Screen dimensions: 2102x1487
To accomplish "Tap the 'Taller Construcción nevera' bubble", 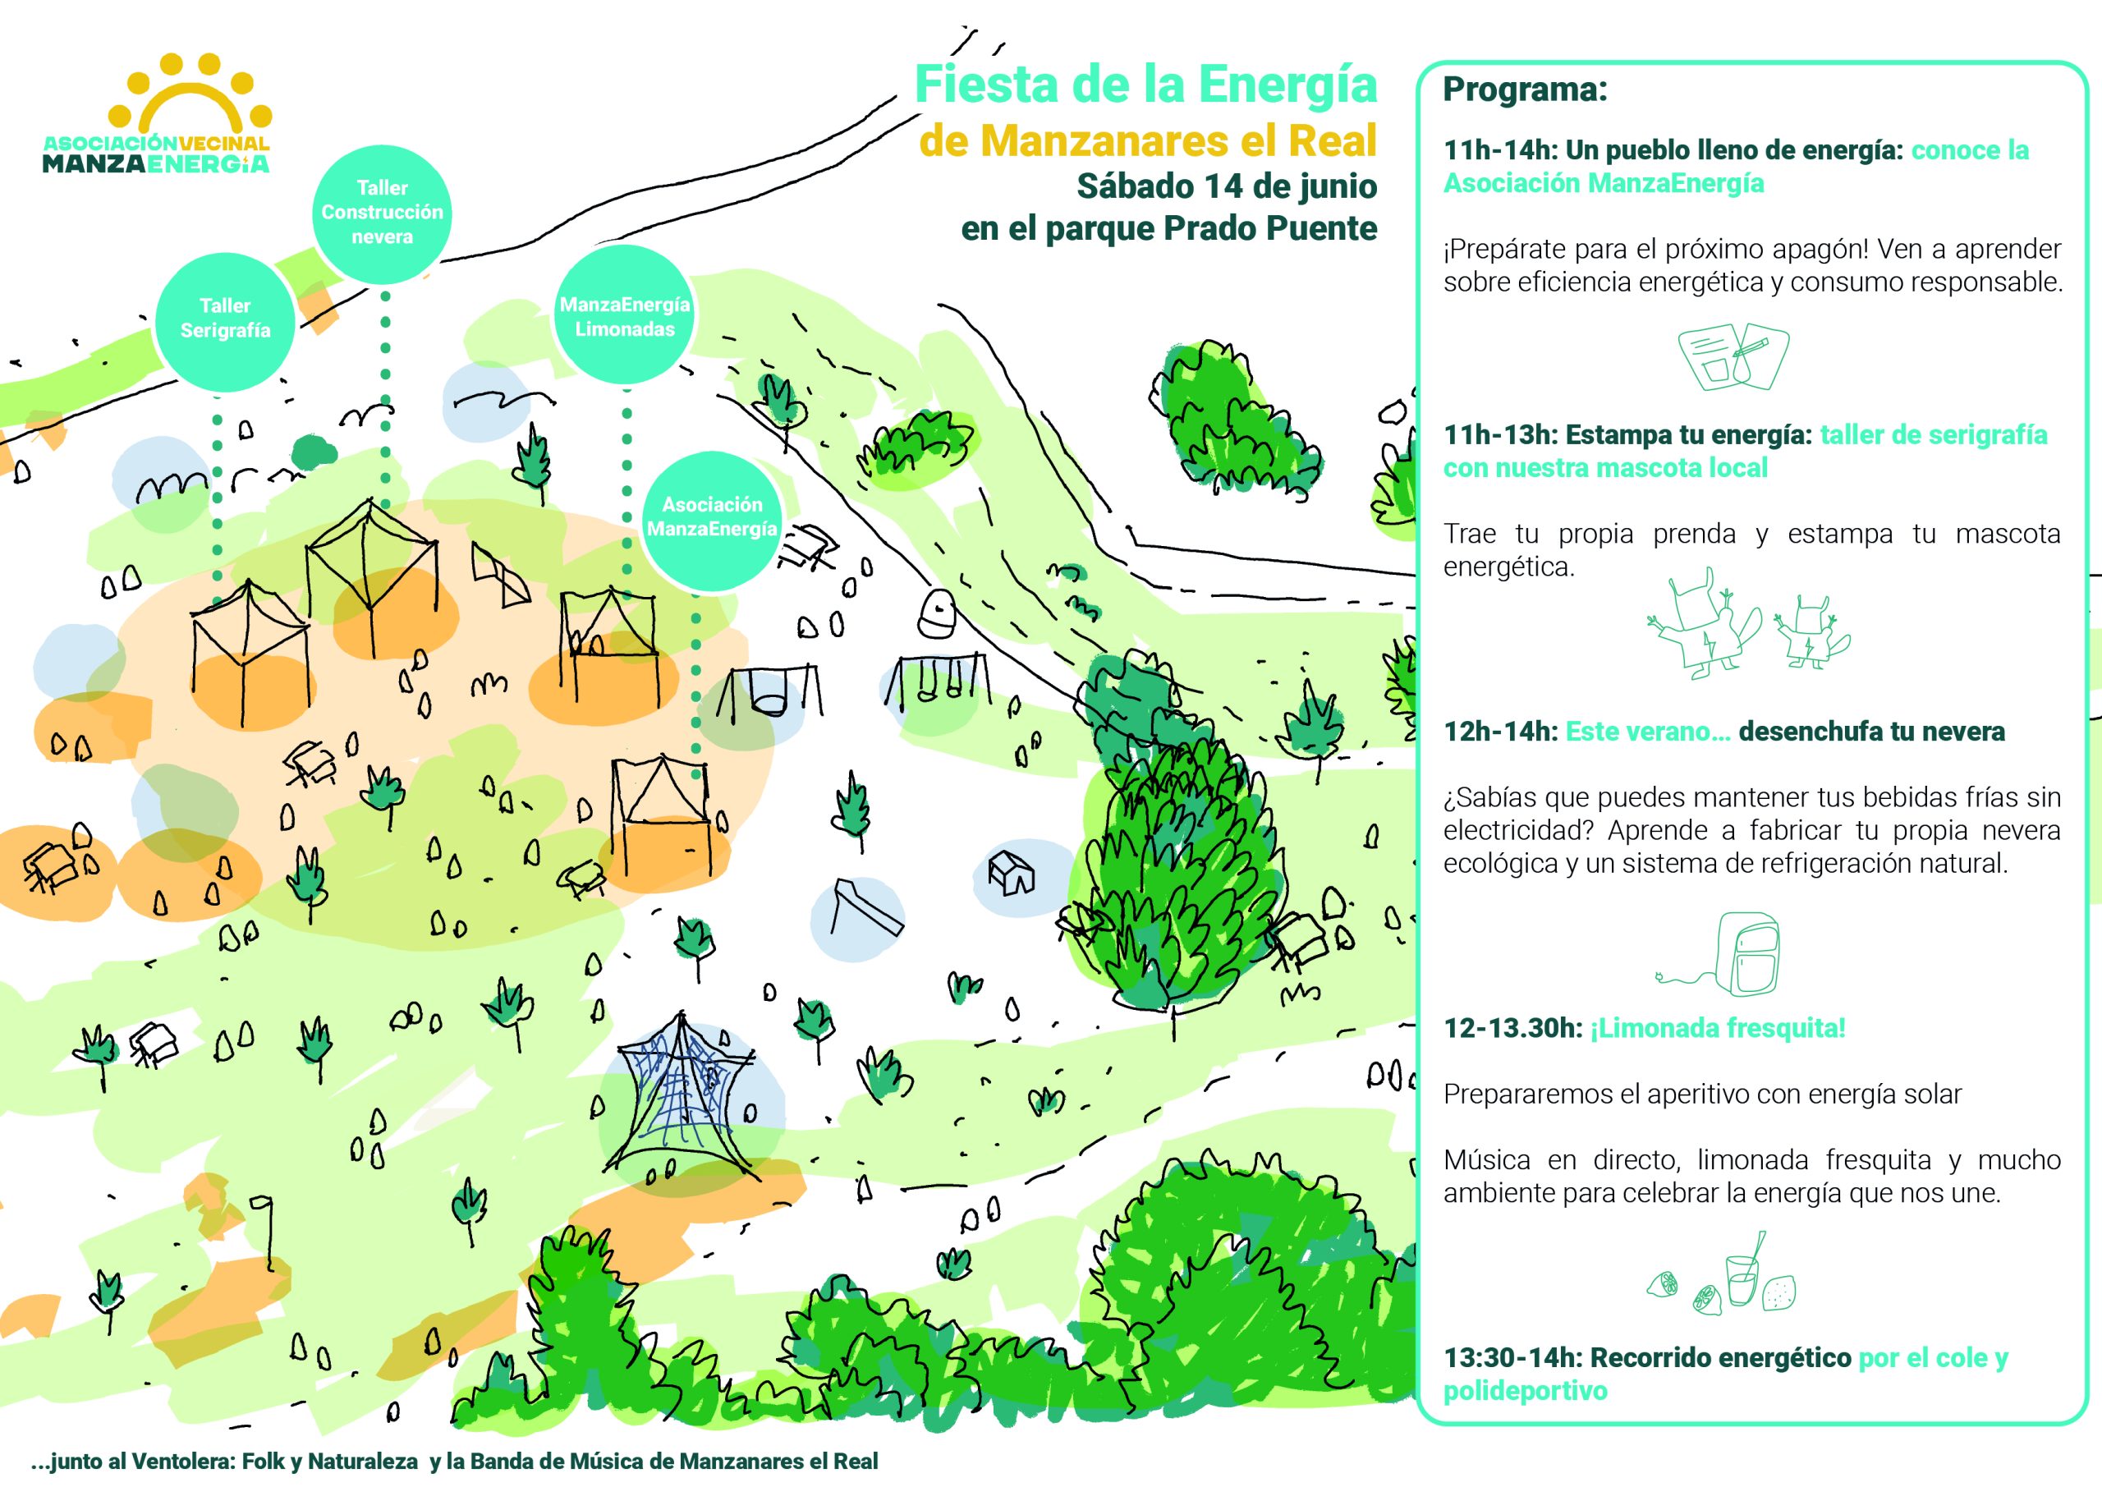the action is (x=383, y=213).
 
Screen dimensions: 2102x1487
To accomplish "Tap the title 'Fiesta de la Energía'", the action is (x=1145, y=85).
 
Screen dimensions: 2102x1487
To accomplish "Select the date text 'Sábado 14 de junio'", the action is (x=1227, y=186).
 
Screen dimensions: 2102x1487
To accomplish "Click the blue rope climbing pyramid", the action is (x=685, y=1096).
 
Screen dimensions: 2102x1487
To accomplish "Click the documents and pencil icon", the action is (x=1733, y=357).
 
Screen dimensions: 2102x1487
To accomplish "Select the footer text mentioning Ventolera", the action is (x=454, y=1462).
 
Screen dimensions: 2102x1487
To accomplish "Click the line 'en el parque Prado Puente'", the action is (x=1169, y=228).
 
